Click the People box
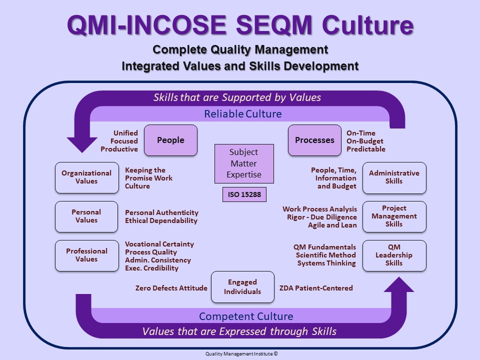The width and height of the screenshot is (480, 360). (170, 140)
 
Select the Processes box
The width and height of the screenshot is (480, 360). (314, 140)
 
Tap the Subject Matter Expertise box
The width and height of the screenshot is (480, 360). (244, 163)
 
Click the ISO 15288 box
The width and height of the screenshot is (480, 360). (244, 194)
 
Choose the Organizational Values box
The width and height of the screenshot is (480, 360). (86, 177)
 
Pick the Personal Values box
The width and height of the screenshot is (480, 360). (86, 216)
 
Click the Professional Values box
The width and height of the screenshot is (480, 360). (86, 255)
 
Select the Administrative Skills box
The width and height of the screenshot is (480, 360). (394, 177)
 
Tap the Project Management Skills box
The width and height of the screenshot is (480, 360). (394, 216)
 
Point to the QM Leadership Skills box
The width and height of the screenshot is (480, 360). (394, 255)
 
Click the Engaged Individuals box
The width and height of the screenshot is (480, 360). (242, 287)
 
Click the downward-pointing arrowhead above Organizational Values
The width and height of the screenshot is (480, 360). (82, 144)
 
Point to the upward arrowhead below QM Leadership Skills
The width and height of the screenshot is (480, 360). (399, 284)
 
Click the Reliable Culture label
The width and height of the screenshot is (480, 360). (243, 114)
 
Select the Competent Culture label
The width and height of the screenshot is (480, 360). (246, 316)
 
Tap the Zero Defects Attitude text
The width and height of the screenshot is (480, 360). (171, 288)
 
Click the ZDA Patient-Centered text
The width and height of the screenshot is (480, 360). (316, 288)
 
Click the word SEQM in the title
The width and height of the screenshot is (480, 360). (274, 24)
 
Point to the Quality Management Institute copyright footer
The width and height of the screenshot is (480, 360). (241, 354)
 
